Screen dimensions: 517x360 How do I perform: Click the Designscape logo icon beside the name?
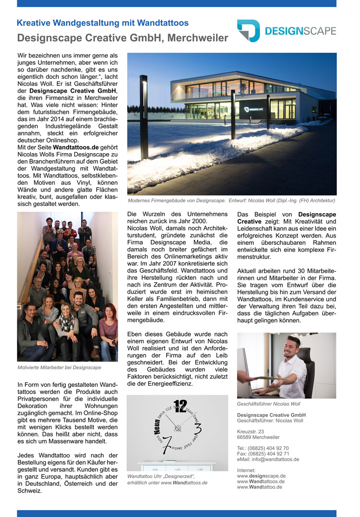pyautogui.click(x=248, y=31)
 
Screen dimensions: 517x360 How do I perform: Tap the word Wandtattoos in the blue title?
pyautogui.click(x=163, y=23)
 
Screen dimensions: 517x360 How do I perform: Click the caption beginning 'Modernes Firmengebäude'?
pyautogui.click(x=231, y=200)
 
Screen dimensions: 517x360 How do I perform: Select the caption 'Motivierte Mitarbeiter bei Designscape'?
pyautogui.click(x=59, y=368)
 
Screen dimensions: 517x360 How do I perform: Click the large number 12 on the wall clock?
pyautogui.click(x=180, y=406)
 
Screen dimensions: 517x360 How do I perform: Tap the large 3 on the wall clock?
pyautogui.click(x=197, y=428)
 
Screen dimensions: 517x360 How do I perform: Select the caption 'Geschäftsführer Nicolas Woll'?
pyautogui.click(x=268, y=404)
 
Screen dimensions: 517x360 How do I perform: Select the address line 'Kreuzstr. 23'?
pyautogui.click(x=251, y=432)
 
